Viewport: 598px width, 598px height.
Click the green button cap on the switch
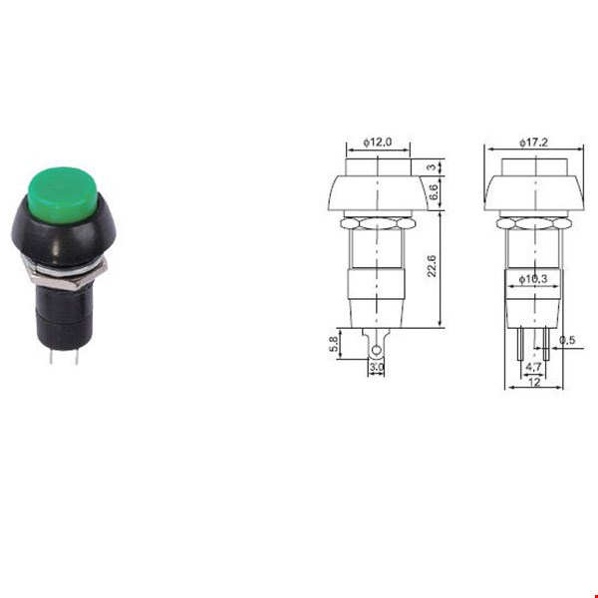point(63,195)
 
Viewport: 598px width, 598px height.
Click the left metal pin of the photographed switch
point(51,356)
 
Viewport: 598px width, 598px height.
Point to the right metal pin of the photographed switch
point(77,356)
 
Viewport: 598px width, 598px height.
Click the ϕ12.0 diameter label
point(377,143)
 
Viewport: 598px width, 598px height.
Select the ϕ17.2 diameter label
point(533,143)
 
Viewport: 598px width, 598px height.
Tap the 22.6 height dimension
point(432,266)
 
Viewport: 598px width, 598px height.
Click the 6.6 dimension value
point(434,192)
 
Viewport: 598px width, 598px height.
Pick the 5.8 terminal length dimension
point(333,344)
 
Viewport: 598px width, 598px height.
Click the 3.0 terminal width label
point(377,367)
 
